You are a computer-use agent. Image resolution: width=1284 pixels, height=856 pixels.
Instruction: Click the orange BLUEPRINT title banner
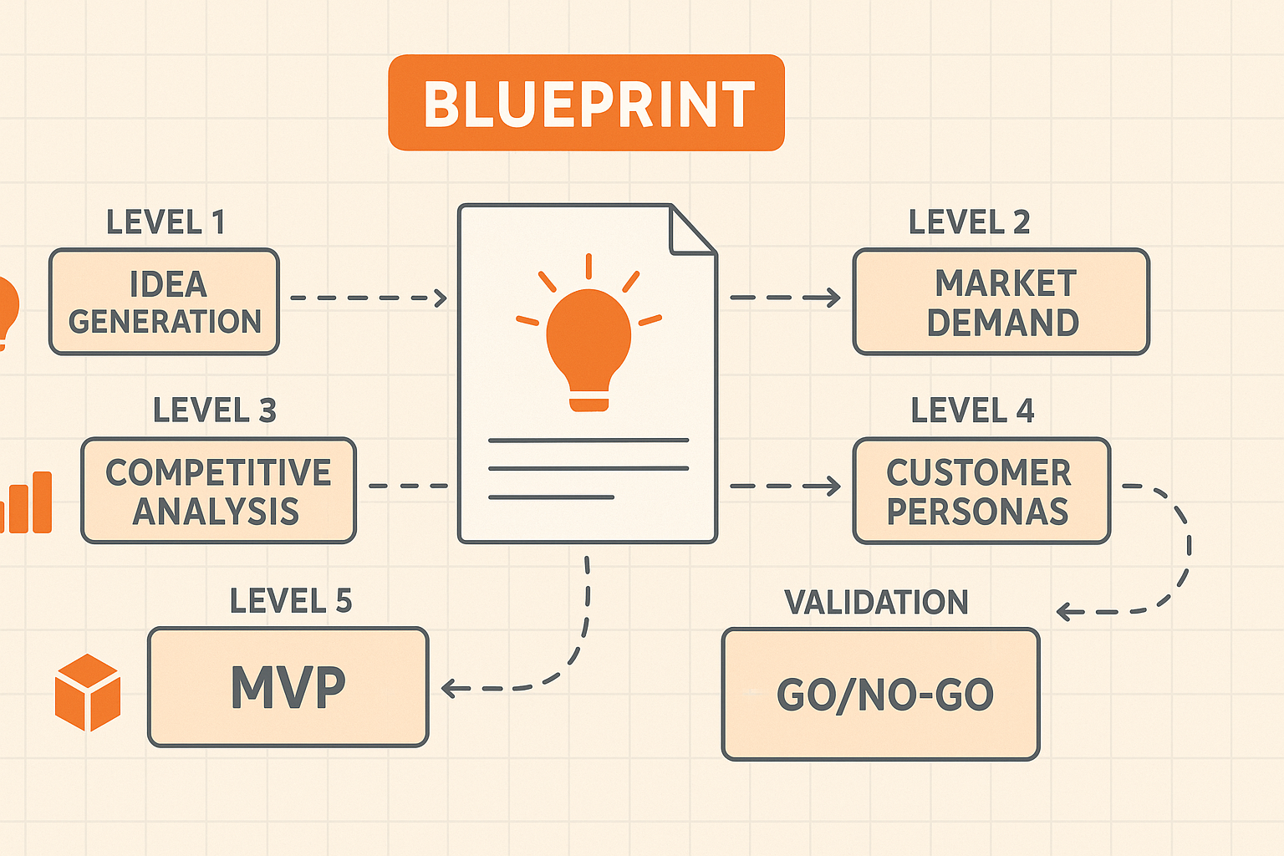(586, 103)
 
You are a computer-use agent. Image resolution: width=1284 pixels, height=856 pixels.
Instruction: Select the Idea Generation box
(164, 302)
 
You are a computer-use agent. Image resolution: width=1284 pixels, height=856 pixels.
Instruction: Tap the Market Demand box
(1001, 302)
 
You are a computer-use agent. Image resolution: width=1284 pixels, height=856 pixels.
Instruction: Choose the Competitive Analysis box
(218, 491)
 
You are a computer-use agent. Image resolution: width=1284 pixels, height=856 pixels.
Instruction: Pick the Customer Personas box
(981, 491)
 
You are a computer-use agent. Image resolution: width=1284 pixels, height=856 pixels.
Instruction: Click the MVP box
(288, 687)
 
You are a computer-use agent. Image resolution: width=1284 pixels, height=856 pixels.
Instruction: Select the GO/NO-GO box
(880, 695)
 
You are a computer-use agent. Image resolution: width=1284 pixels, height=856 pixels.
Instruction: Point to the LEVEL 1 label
(165, 222)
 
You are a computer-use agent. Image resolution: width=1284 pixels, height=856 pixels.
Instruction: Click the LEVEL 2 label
(970, 222)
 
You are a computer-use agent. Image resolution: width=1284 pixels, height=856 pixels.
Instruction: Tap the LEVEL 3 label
(215, 410)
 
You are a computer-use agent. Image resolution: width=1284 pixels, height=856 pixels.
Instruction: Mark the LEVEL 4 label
(973, 410)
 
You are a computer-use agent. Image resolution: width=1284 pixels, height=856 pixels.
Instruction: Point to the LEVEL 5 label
(291, 601)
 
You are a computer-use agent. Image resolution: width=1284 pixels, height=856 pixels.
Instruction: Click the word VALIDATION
(876, 603)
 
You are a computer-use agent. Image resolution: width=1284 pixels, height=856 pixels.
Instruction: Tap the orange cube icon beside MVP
(88, 693)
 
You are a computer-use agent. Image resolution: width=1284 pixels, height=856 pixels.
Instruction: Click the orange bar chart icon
(27, 502)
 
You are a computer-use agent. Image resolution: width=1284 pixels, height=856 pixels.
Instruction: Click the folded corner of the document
(693, 229)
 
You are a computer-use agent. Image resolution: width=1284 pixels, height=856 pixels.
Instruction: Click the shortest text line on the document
(551, 497)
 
